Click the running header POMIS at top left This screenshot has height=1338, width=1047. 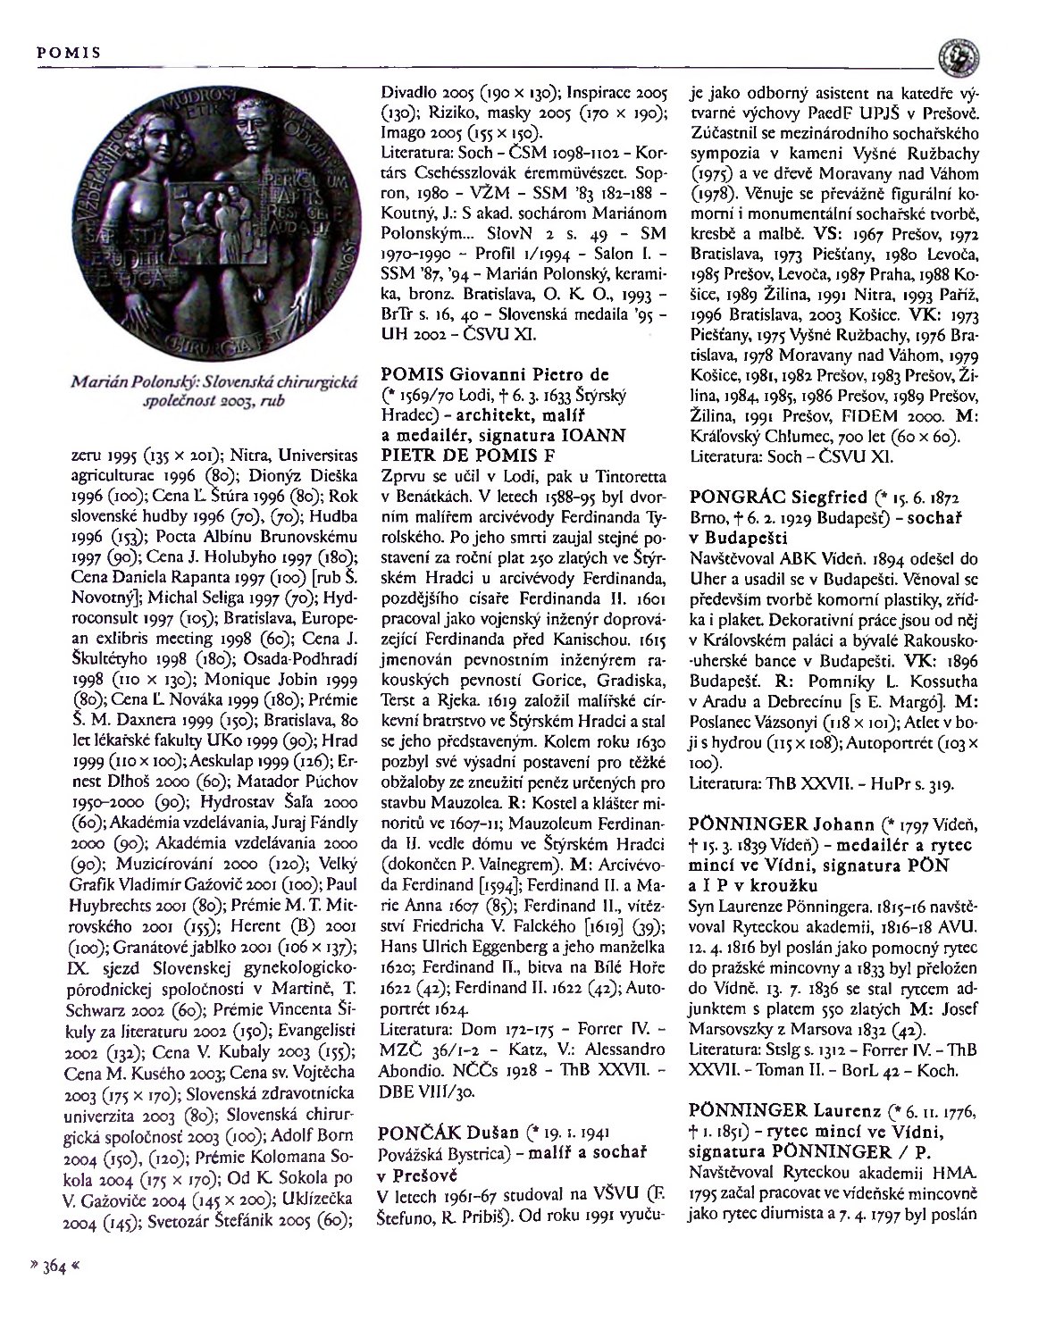click(66, 52)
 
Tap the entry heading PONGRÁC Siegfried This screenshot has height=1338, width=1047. click(775, 496)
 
